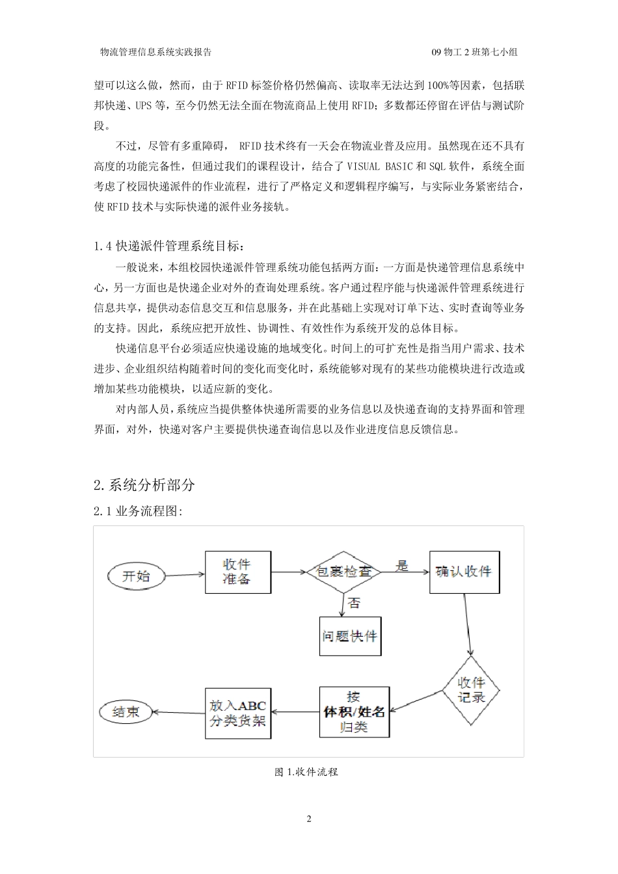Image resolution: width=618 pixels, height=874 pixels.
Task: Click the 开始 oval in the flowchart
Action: [135, 576]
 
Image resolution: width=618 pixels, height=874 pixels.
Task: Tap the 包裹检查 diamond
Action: [343, 572]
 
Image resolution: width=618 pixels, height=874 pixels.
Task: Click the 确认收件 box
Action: [464, 572]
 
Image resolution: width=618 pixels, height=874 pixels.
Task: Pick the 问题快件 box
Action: [350, 635]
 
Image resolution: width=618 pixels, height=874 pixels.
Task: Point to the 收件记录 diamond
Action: [471, 690]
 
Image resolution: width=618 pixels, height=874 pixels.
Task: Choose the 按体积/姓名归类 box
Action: [354, 711]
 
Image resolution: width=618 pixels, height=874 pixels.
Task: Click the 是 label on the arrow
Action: [403, 566]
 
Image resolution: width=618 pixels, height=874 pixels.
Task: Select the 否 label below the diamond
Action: [355, 603]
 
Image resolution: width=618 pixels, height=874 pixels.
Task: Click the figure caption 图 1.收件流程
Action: [306, 772]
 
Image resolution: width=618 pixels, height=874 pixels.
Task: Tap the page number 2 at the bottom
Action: [309, 819]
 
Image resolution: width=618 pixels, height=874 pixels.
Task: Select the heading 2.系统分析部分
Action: [144, 484]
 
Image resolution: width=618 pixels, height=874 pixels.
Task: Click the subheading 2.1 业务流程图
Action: [138, 512]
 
